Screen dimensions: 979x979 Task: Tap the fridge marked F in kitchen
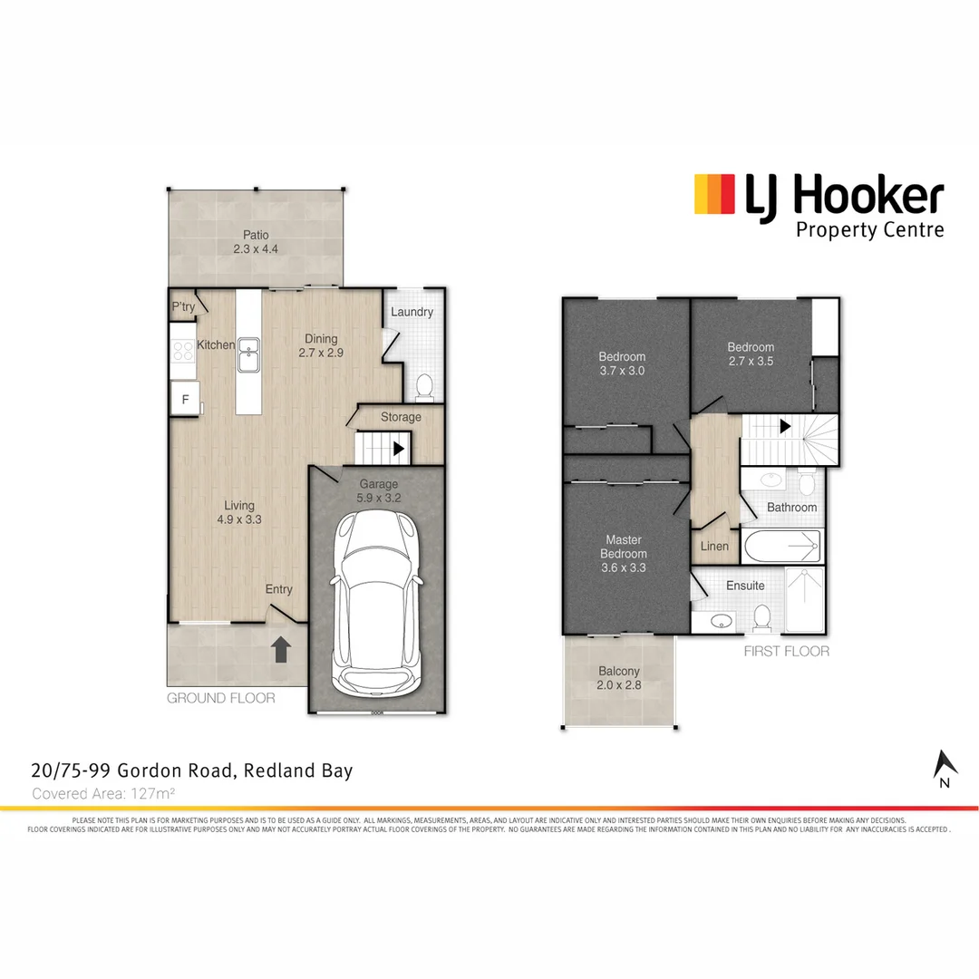(x=186, y=398)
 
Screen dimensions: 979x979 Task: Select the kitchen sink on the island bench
(x=248, y=354)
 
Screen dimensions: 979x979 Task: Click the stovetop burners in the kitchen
(x=180, y=350)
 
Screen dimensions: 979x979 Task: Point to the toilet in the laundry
(x=423, y=389)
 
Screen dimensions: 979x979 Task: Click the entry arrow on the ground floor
(x=281, y=649)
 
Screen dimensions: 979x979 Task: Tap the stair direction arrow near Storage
(x=398, y=448)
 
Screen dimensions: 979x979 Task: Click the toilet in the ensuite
(x=762, y=618)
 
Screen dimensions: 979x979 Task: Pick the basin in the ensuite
(x=722, y=622)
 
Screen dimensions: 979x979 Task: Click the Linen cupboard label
(x=714, y=547)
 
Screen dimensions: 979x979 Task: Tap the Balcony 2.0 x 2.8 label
(x=619, y=679)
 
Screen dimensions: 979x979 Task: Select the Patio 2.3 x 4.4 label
(x=255, y=242)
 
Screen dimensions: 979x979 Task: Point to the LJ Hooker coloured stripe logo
(x=714, y=194)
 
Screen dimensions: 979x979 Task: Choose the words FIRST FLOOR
(x=786, y=651)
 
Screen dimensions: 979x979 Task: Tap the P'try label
(x=183, y=307)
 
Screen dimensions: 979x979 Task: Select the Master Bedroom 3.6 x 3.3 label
(x=624, y=554)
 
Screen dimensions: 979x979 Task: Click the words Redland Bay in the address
(x=299, y=771)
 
